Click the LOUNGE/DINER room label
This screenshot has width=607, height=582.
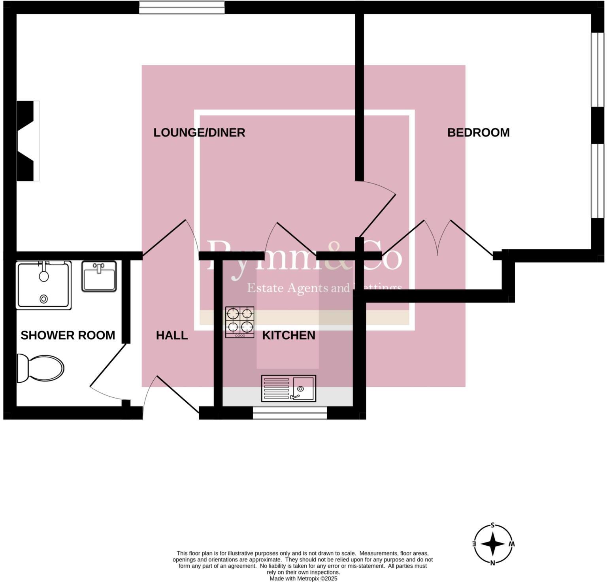tap(199, 132)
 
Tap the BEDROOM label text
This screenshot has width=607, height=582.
tap(478, 132)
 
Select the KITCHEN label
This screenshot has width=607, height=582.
tap(288, 335)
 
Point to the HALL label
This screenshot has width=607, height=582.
tap(172, 335)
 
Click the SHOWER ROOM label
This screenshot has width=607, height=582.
tap(68, 335)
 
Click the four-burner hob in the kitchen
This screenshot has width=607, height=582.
tap(239, 322)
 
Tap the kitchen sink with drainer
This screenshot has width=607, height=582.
tap(288, 388)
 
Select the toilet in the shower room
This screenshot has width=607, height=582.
tap(40, 368)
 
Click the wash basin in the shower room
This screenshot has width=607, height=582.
tap(99, 276)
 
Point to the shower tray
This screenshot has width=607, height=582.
tap(43, 285)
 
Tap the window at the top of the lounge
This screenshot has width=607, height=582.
tap(182, 7)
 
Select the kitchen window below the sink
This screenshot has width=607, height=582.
tap(290, 414)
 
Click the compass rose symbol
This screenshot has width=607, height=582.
tap(493, 544)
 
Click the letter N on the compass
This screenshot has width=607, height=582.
tap(492, 563)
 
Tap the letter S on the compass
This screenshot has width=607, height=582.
tap(493, 525)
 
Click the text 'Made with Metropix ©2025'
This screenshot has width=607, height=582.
tap(303, 578)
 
